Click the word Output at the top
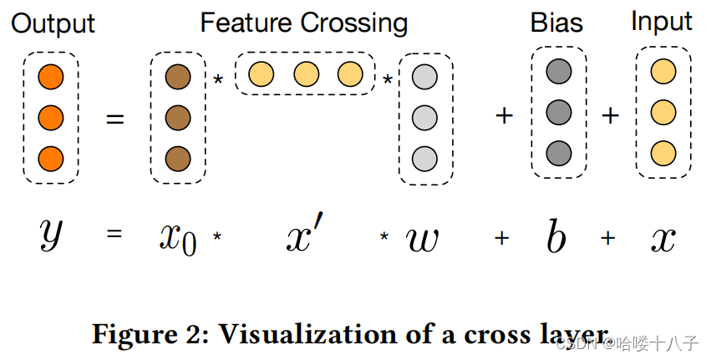pyautogui.click(x=53, y=23)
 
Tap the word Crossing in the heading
pyautogui.click(x=353, y=23)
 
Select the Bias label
pyautogui.click(x=556, y=23)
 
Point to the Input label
pyautogui.click(x=662, y=23)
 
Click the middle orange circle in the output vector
pyautogui.click(x=51, y=118)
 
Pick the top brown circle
pyautogui.click(x=178, y=77)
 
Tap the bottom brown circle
pyautogui.click(x=178, y=159)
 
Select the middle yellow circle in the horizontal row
pyautogui.click(x=307, y=74)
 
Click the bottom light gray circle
pyautogui.click(x=425, y=159)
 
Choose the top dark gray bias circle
pyautogui.click(x=559, y=71)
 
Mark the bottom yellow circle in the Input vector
pyautogui.click(x=663, y=153)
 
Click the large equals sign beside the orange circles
pyautogui.click(x=114, y=119)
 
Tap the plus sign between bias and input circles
pyautogui.click(x=611, y=115)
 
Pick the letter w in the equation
pyautogui.click(x=422, y=239)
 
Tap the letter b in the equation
pyautogui.click(x=556, y=236)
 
